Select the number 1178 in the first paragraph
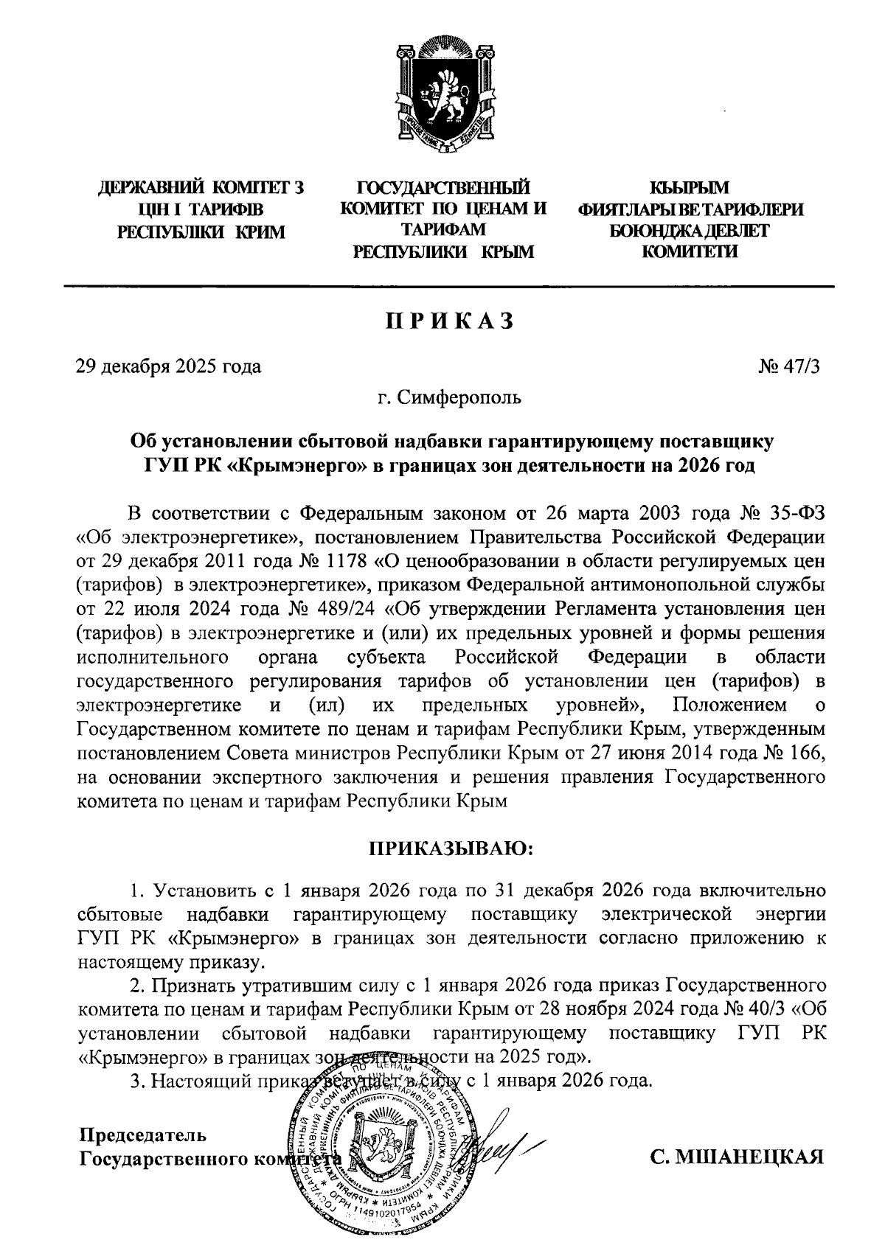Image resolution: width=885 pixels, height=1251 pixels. (346, 560)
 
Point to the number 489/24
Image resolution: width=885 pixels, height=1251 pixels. (350, 609)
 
